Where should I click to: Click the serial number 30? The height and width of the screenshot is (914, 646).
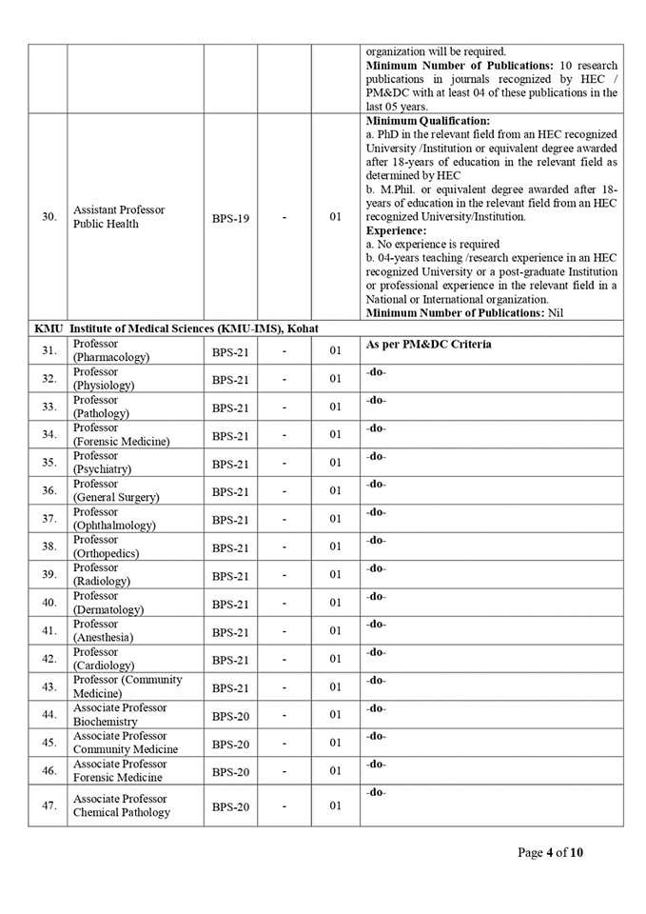pos(49,217)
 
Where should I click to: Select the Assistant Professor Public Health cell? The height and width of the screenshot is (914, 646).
pos(119,217)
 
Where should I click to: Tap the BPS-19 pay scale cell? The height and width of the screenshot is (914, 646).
pos(230,218)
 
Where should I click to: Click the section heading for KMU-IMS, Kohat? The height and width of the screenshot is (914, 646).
pos(176,328)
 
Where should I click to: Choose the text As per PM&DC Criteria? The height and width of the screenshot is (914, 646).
pos(428,344)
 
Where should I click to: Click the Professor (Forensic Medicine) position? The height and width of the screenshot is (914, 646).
pos(122,434)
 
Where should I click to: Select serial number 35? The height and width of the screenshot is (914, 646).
pos(49,463)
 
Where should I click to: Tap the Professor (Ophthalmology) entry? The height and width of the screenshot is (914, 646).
pos(114,518)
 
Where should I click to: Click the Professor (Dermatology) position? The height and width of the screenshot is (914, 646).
pos(108,602)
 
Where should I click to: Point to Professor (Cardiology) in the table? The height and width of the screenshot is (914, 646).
pos(104,658)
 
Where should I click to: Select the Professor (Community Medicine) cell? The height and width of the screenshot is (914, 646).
pos(127,686)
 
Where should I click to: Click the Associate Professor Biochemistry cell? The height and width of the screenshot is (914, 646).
pos(120,714)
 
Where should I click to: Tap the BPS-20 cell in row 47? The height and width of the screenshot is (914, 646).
pos(230,806)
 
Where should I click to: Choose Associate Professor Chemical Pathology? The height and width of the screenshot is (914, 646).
pos(122,805)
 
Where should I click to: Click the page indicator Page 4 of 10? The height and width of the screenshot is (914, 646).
pos(551,852)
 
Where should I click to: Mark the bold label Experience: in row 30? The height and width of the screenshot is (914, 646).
pos(397,230)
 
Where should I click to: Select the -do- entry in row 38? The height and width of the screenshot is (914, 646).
pos(376,540)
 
